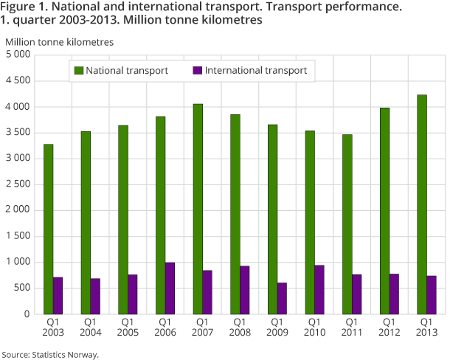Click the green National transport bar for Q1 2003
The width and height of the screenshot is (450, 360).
(48, 229)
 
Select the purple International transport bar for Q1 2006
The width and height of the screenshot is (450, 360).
(170, 288)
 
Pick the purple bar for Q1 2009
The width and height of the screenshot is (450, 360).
(282, 298)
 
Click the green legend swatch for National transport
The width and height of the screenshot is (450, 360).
(77, 71)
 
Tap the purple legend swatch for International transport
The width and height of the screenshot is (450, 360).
(197, 71)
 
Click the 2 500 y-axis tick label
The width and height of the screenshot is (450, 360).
(18, 184)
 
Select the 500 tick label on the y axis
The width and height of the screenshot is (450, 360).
(22, 288)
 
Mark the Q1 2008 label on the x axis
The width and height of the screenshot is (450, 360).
(240, 327)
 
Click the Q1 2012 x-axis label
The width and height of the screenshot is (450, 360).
(390, 327)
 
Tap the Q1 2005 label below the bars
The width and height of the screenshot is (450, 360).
(128, 327)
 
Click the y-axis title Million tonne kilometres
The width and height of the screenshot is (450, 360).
(59, 41)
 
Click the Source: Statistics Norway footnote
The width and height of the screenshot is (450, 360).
(50, 354)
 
